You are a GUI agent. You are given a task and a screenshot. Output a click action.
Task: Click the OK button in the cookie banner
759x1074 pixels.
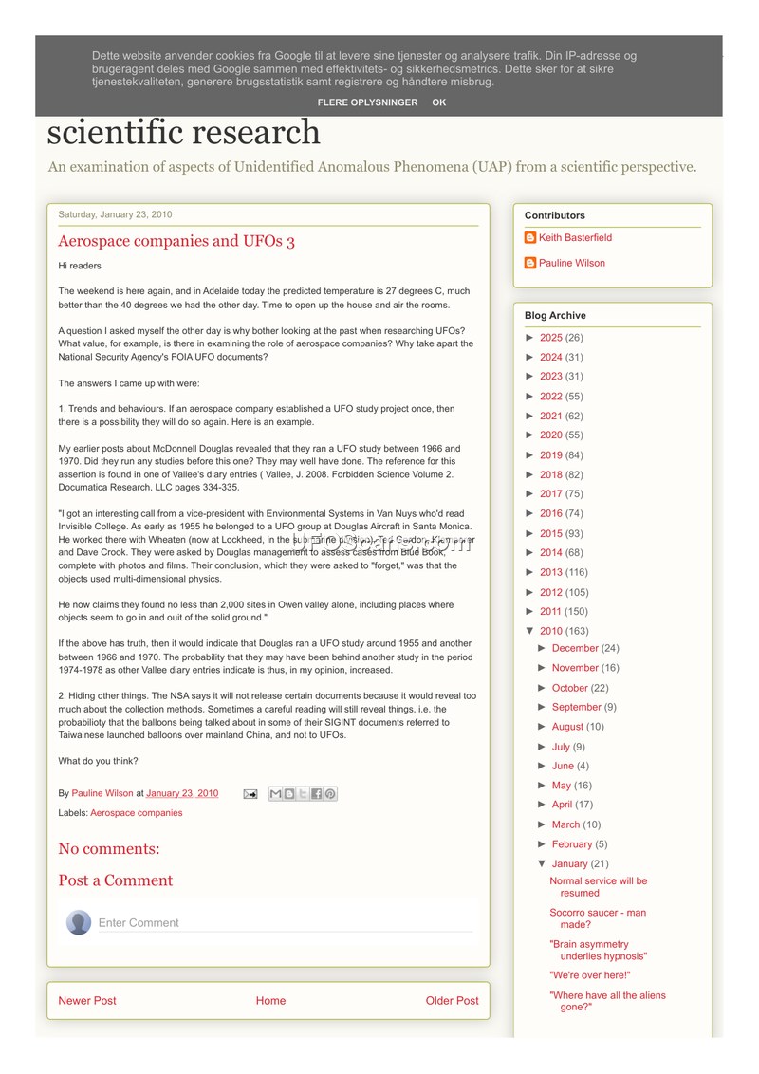point(438,102)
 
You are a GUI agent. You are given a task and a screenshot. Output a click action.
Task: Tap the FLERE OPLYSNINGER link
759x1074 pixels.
point(367,102)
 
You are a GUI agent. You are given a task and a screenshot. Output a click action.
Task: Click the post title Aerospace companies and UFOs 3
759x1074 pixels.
point(176,241)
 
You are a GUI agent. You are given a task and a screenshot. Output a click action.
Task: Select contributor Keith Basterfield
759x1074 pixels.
point(575,238)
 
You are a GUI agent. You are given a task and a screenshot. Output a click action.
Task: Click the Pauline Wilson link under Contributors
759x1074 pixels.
point(571,263)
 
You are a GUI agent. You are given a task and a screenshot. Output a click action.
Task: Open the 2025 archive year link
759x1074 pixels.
point(551,338)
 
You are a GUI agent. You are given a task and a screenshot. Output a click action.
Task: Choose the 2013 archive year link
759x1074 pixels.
point(551,572)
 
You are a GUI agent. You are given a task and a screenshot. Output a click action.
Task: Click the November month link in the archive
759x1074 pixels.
point(575,668)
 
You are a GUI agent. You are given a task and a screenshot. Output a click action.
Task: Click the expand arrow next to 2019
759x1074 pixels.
point(530,455)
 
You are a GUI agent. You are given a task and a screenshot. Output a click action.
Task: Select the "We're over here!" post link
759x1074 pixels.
point(590,975)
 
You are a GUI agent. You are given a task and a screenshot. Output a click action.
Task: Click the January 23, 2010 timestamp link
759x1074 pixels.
point(182,793)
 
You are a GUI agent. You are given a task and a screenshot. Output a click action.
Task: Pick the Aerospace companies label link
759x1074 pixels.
point(137,813)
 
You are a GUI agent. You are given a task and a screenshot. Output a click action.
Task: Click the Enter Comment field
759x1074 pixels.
point(285,922)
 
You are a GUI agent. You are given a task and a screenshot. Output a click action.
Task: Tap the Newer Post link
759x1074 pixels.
point(87,1001)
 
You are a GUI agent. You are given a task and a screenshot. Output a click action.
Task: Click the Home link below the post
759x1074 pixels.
point(270,1001)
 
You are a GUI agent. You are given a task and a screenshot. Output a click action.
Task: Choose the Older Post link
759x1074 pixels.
point(452,1001)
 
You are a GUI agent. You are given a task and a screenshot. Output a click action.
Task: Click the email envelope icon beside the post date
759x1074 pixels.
point(250,794)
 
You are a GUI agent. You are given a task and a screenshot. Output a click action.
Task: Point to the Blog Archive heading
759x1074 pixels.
point(555,316)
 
